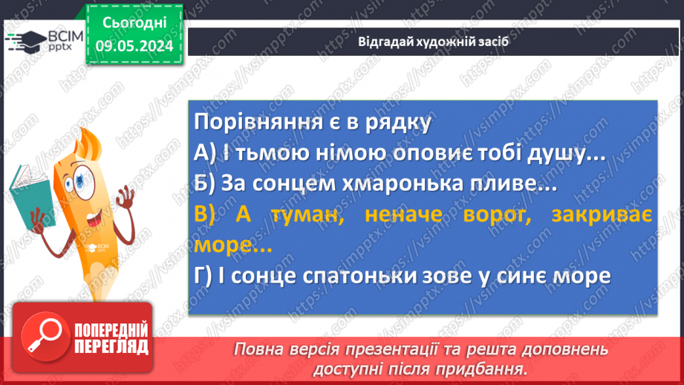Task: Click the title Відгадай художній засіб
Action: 434,42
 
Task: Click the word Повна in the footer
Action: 257,349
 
